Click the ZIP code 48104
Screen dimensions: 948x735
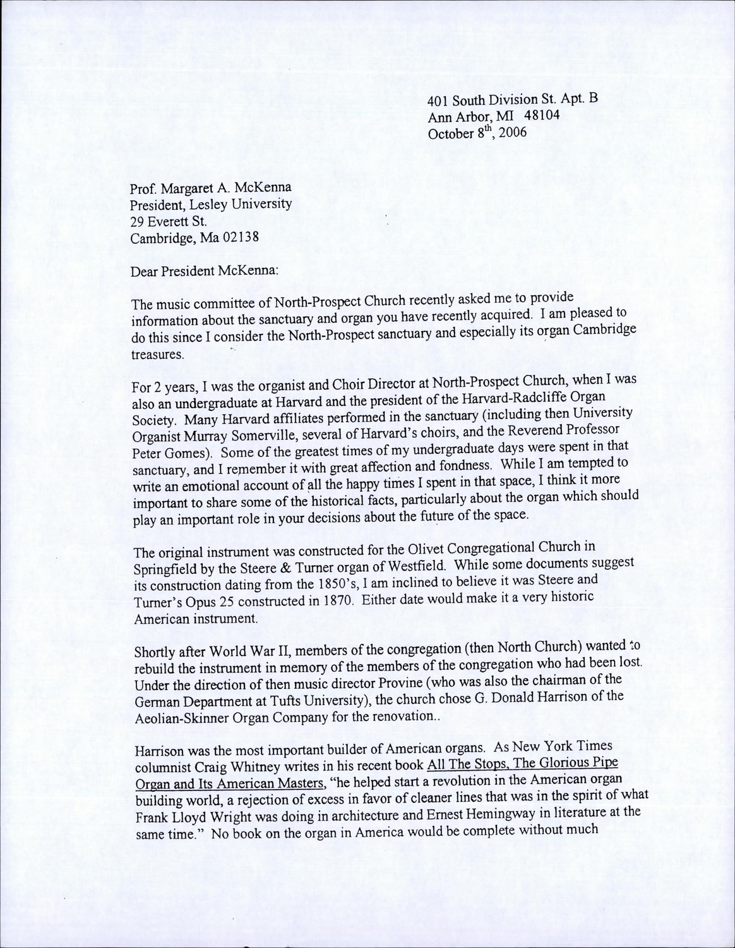540,116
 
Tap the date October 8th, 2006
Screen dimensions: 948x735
477,133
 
